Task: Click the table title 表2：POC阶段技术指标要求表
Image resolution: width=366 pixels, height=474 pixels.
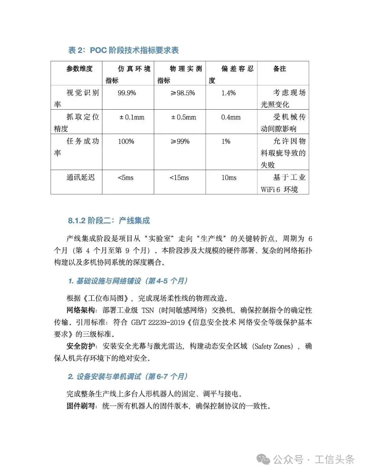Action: click(123, 51)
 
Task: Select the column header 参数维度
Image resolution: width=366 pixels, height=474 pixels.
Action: click(79, 69)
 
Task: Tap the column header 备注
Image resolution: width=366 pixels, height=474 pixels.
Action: click(280, 69)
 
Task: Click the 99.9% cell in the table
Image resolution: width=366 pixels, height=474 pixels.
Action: click(127, 93)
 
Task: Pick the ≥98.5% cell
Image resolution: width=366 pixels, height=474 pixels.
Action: click(183, 93)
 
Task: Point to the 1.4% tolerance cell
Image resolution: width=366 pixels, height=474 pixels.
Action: click(228, 93)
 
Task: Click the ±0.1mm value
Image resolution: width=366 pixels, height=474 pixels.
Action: click(132, 117)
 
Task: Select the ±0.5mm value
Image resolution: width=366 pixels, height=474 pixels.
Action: click(184, 117)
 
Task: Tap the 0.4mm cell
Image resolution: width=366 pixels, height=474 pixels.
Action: click(231, 117)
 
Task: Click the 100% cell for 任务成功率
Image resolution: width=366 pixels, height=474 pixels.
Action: click(126, 141)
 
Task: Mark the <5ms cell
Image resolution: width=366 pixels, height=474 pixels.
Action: click(125, 178)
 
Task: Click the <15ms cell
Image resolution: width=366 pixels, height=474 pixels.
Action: click(179, 178)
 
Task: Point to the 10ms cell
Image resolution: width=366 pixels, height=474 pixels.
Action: click(229, 178)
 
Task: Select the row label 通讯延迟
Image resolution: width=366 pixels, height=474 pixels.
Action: click(81, 177)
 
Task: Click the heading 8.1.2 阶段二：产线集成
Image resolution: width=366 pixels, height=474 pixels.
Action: click(109, 221)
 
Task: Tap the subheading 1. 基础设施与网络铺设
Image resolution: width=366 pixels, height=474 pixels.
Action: click(128, 281)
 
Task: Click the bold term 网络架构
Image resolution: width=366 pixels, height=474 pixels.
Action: click(81, 310)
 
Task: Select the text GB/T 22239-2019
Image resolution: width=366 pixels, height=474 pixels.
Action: click(158, 322)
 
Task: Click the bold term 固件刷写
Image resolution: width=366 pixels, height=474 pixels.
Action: click(81, 406)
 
